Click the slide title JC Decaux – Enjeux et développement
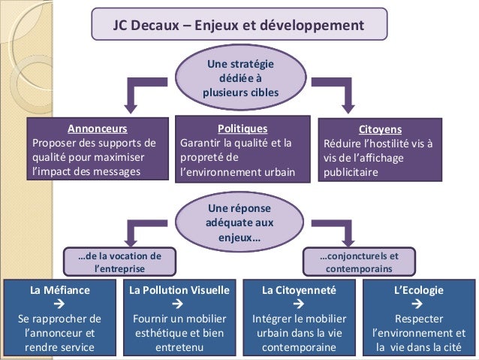click(238, 24)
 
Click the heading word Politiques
click(242, 128)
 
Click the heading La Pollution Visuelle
click(179, 289)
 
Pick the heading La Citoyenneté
click(299, 289)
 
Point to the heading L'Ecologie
click(418, 289)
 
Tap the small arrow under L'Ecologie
click(418, 304)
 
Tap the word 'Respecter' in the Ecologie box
click(418, 318)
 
